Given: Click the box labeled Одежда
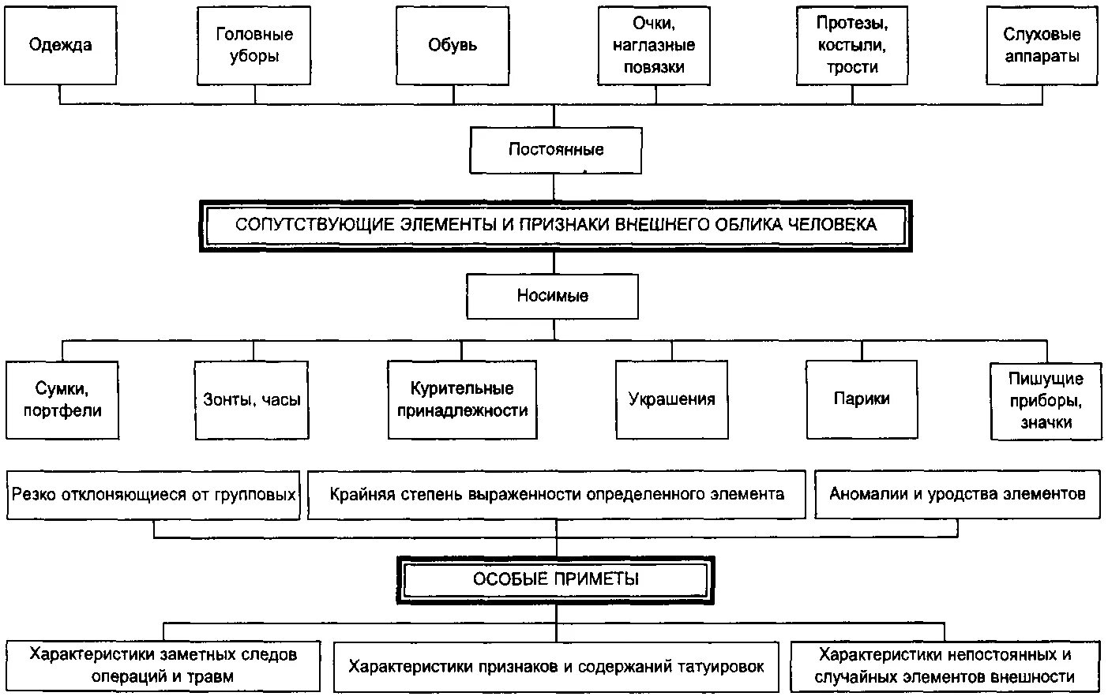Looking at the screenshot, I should pos(61,45).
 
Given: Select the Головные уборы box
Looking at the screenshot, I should pos(254,45).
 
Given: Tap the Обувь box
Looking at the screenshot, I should pos(453,45).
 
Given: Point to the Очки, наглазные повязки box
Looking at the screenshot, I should pos(654,45).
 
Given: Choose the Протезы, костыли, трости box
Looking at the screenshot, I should pos(852,45).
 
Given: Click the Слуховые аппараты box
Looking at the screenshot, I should pos(1042,45).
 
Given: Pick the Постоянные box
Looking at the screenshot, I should pos(555,150).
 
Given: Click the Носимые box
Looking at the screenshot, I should pos(552,296).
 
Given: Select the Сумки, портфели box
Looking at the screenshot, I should pos(62,399).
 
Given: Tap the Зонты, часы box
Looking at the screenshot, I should pos(252,399).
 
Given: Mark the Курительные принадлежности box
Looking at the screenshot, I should pos(462,399).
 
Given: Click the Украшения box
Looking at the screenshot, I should pos(671,399).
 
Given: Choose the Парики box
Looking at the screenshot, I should pos(862,399).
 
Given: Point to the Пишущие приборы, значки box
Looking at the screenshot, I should pos(1046,400).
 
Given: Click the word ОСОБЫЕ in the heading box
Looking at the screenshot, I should pos(509,579).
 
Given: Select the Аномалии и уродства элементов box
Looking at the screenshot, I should pos(957,495).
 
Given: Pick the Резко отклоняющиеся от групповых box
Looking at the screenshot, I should pos(154,495).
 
